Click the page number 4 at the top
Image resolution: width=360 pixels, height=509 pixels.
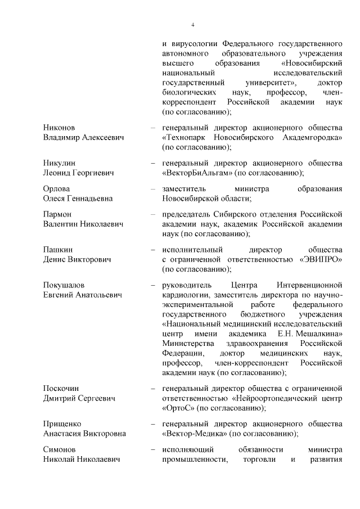(192, 25)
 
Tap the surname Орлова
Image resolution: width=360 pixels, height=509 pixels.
(56, 189)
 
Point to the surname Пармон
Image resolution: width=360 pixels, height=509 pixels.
(58, 214)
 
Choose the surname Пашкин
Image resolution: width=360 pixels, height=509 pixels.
(58, 250)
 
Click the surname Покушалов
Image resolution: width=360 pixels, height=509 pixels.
(64, 285)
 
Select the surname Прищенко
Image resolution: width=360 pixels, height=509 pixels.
(62, 424)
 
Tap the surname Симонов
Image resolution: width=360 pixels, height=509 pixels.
(60, 450)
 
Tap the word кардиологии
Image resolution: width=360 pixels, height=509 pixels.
(186, 295)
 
